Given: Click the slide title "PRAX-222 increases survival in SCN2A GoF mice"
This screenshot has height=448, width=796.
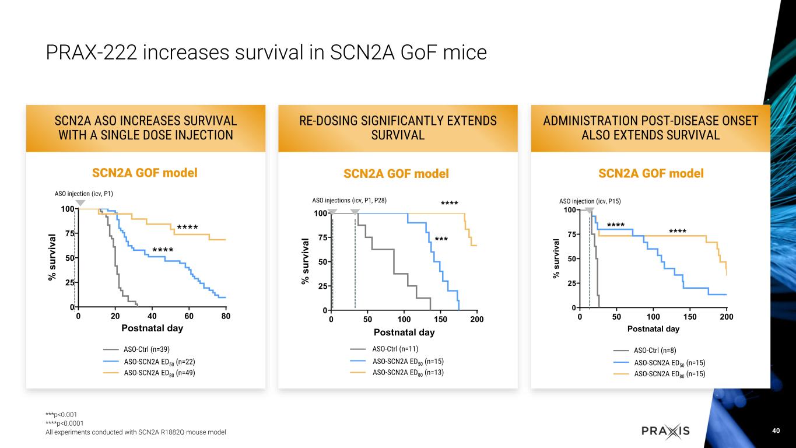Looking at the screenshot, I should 266,52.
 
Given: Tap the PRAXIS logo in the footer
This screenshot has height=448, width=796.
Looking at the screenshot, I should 665,431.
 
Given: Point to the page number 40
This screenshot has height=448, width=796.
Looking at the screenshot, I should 775,430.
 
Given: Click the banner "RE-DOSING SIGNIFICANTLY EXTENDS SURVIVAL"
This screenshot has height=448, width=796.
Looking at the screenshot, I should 398,128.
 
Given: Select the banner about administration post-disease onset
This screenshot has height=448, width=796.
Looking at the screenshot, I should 650,128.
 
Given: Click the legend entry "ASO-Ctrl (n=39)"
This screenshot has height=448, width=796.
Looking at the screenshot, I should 146,349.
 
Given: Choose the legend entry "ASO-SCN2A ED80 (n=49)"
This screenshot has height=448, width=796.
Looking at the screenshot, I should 159,373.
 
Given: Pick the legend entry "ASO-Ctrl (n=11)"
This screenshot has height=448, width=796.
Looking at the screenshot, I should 394,349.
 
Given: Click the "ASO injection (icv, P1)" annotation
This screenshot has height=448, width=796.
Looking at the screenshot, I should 84,193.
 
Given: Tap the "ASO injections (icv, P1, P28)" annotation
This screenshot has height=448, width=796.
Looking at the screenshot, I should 350,200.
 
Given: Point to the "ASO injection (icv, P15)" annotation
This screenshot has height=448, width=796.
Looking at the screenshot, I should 590,201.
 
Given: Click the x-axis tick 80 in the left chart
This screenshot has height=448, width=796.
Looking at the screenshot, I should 226,316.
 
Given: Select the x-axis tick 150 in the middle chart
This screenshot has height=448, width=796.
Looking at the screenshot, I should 440,320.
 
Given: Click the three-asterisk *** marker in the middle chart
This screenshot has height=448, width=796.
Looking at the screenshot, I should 441,239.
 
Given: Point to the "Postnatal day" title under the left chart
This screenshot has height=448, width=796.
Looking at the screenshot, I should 152,328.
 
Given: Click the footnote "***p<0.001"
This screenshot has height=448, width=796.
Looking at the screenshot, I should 61,415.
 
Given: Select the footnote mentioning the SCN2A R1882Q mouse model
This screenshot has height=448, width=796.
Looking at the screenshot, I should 136,432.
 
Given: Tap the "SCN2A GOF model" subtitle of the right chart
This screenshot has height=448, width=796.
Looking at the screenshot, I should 651,173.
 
